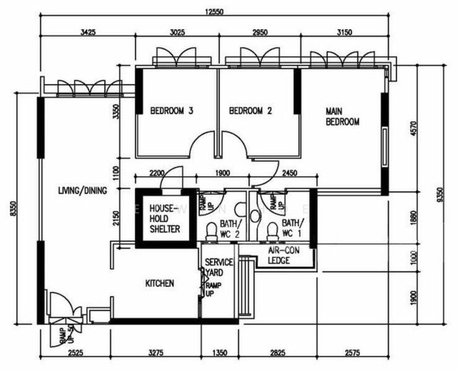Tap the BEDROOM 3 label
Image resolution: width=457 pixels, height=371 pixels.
pos(172,111)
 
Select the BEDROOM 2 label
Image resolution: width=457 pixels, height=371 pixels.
pos(251,111)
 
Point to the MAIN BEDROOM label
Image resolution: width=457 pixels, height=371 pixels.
pos(342,116)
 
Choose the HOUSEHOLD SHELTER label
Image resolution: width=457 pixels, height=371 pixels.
pos(165,219)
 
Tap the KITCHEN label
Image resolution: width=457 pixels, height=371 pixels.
pos(160,284)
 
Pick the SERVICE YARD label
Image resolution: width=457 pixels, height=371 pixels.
pos(219,268)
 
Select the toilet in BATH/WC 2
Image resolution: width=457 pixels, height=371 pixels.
pos(211,231)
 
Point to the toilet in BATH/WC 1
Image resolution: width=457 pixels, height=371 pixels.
pos(270,231)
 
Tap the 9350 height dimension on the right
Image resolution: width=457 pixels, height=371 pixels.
pos(440,195)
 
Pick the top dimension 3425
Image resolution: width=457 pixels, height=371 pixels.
pos(87,33)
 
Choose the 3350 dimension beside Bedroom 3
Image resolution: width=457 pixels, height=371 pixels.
pos(115,112)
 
